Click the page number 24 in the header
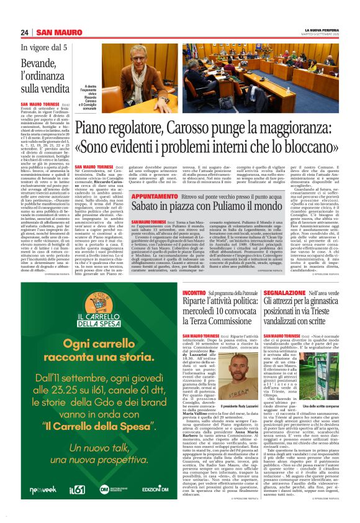(24, 33)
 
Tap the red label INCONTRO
(194, 291)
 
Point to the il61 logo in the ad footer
(77, 490)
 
